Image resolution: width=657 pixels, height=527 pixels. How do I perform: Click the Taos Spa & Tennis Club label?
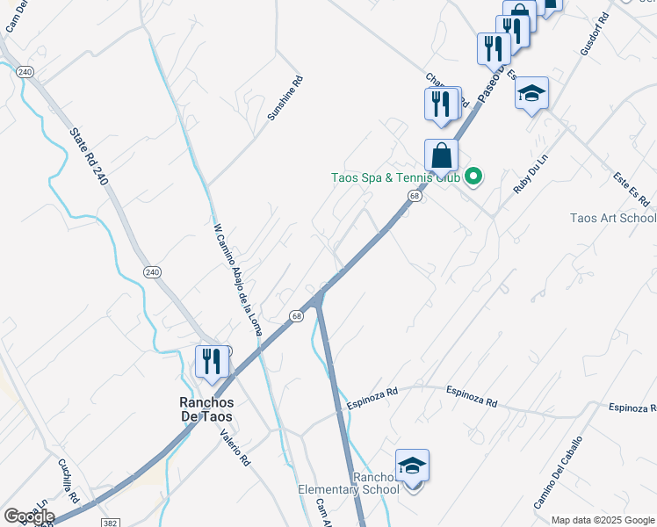pyautogui.click(x=395, y=177)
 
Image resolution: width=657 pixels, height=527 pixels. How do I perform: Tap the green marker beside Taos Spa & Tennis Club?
pyautogui.click(x=473, y=177)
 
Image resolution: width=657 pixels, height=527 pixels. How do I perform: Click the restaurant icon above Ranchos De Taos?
pyautogui.click(x=212, y=362)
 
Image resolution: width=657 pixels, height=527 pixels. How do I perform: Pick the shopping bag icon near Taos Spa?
pyautogui.click(x=442, y=155)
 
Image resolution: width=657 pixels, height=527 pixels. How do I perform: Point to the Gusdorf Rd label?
pyautogui.click(x=595, y=34)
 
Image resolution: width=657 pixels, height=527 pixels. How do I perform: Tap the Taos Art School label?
pyautogui.click(x=613, y=219)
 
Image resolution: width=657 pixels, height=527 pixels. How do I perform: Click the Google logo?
pyautogui.click(x=30, y=516)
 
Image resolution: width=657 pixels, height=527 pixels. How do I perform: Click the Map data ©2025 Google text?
pyautogui.click(x=603, y=520)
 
